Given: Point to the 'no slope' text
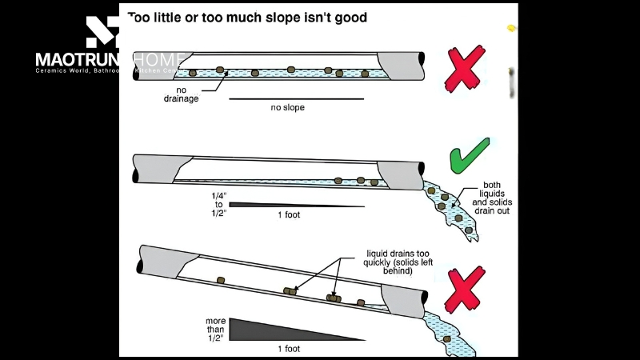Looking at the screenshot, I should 282,107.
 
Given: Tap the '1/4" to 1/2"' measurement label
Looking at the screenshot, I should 216,203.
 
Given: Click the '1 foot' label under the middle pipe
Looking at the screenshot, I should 289,214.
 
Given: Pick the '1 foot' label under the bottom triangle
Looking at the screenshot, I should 290,349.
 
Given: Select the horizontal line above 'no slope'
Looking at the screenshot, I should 296,98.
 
